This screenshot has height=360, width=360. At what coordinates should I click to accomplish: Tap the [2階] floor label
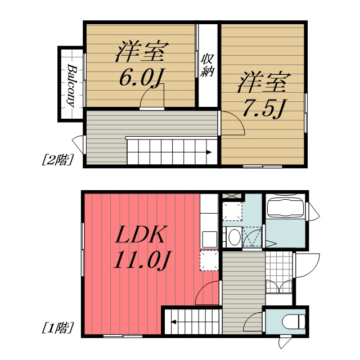click(57, 160)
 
